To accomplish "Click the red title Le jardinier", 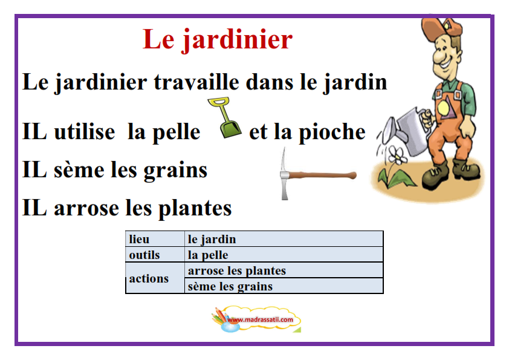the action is [x=218, y=40].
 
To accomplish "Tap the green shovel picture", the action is [x=225, y=117].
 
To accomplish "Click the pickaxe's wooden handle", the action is [x=322, y=175].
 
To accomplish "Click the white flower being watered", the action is [x=397, y=155].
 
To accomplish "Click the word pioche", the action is [x=332, y=133].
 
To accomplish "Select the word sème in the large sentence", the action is [x=79, y=169].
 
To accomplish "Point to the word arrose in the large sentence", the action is [x=86, y=208].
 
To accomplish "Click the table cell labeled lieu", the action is [x=155, y=239].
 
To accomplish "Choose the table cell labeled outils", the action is [x=155, y=254].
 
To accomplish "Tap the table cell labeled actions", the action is [x=155, y=278].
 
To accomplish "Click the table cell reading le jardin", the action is [x=284, y=239].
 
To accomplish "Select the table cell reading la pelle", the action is [x=284, y=254].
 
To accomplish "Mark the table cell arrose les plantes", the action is [x=284, y=270].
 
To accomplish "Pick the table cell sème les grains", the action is [x=284, y=286].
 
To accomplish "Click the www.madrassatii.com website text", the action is [x=260, y=319].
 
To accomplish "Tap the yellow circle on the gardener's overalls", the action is [x=443, y=108].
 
